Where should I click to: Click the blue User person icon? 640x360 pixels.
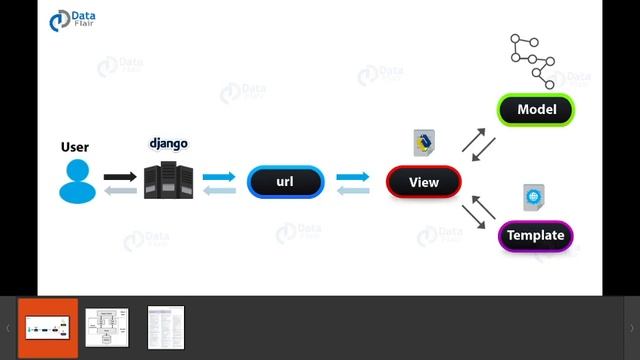point(75,181)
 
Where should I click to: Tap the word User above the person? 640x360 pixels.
point(75,147)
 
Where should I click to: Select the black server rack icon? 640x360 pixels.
point(167,182)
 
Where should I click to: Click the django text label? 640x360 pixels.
point(169,143)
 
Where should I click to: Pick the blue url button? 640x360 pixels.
point(285,182)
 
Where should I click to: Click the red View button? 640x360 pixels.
point(424,182)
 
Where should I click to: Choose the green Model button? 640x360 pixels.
point(536,109)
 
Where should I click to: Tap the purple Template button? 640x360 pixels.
point(535,236)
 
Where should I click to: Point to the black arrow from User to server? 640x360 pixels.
point(120,176)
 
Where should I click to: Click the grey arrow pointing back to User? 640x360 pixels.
point(120,190)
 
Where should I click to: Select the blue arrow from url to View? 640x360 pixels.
point(353,177)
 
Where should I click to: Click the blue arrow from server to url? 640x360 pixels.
point(219,177)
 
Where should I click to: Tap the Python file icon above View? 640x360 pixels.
point(423,142)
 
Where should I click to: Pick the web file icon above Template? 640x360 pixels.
point(533,198)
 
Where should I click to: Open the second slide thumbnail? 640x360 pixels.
point(106,327)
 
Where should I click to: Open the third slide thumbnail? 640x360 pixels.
point(166,327)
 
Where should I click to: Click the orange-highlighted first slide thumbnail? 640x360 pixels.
point(47,327)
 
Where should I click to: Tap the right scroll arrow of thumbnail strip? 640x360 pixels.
point(631,328)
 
